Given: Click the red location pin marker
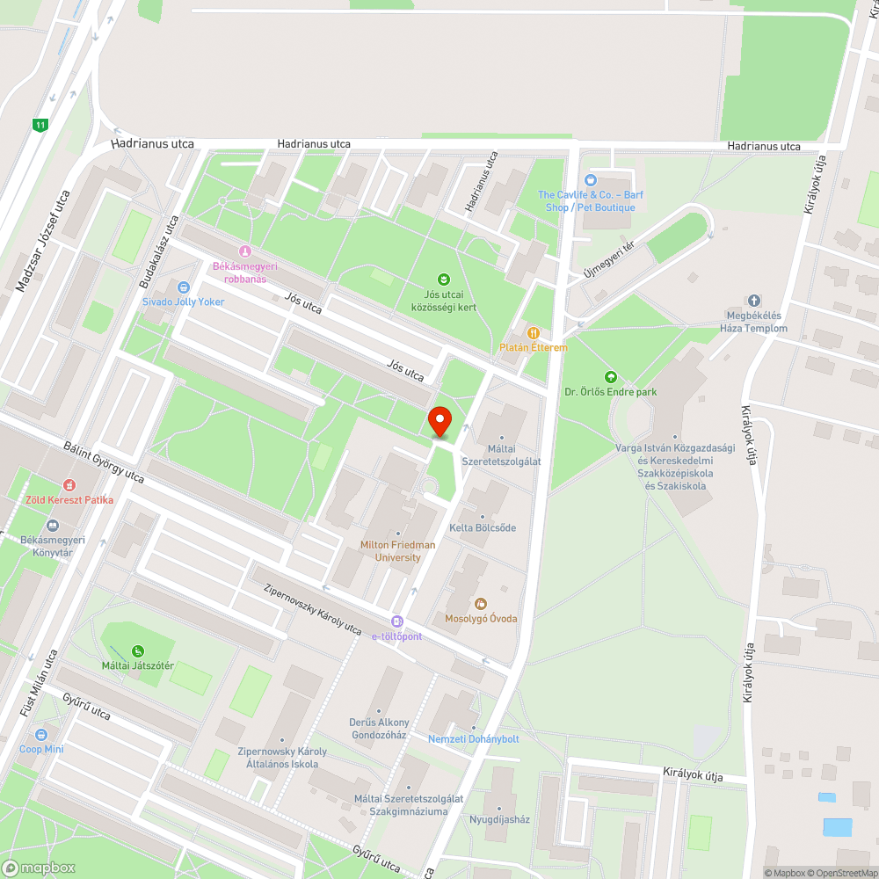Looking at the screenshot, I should pos(439,422).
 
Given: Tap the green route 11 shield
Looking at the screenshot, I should pos(40,125).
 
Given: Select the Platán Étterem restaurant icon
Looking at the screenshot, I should pos(533,332).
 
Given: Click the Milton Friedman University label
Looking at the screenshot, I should pos(397,551).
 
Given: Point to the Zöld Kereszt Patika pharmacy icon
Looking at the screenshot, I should pos(69,485).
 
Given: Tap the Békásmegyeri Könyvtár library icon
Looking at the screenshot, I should pos(52,525).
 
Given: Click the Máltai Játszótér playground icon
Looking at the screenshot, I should pos(137,651).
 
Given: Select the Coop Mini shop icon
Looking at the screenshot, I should pos(40,735).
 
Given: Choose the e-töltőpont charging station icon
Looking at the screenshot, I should pos(397,621).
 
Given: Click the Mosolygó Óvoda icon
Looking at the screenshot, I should pos(480,604).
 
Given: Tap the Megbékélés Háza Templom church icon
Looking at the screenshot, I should pos(753,301).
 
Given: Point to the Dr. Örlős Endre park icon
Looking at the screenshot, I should pos(611,377).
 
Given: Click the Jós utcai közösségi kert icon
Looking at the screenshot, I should pos(444,280).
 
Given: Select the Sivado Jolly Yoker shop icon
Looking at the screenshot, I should pos(183,287).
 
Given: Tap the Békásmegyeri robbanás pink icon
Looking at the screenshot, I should pos(244,251).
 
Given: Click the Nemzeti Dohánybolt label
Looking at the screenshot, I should pos(473,739).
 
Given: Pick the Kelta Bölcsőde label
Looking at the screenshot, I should pos(483,528).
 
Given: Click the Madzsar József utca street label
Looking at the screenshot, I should pos(43,241).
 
